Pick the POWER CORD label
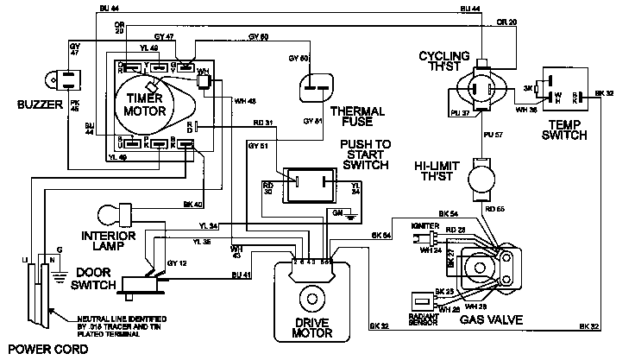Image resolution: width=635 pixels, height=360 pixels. pos(35,351)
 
